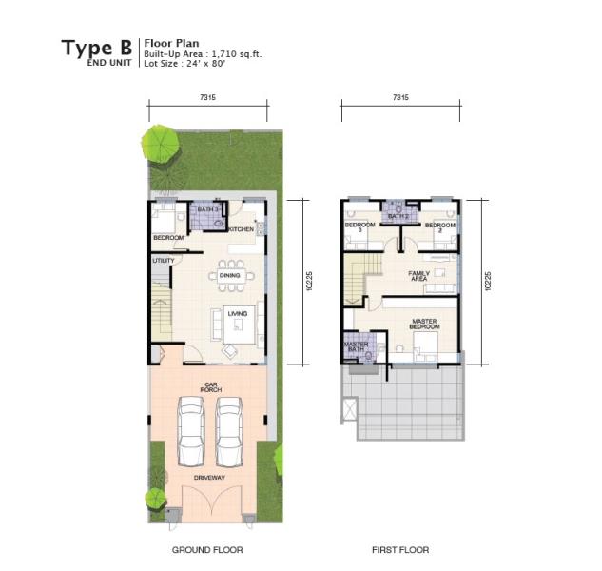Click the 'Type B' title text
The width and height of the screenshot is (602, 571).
pos(97,49)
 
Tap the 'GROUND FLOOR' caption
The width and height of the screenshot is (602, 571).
pos(207,550)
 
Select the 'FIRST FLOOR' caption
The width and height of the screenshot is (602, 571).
pos(400,550)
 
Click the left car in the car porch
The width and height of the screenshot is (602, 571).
pos(191,431)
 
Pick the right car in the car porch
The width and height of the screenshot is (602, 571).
pos(229,431)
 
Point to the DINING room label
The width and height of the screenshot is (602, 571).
pos(229,276)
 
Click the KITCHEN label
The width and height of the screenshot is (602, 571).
pos(242,229)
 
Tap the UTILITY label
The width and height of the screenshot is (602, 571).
pos(164,261)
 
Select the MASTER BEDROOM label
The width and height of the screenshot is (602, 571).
pos(424,324)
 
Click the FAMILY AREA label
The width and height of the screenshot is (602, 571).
pos(418,276)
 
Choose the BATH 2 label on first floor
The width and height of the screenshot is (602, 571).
pos(398,217)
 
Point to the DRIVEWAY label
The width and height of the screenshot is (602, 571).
pos(209,478)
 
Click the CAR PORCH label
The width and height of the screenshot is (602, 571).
pos(211,387)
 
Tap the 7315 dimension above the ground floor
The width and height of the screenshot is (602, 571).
pos(207,97)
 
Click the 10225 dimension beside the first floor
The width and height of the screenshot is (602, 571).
pos(488,281)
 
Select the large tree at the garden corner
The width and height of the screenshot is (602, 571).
pos(161,145)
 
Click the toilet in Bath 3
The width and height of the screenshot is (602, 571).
pos(220,224)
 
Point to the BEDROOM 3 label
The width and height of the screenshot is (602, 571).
pos(359,227)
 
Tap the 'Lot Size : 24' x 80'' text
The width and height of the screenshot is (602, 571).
pos(184,64)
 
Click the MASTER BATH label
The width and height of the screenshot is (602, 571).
pos(356,347)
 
